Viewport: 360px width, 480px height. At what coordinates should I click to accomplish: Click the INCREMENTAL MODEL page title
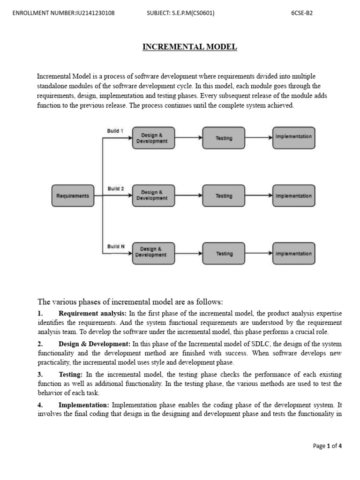(x=190, y=47)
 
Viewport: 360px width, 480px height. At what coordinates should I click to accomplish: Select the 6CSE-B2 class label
(x=302, y=13)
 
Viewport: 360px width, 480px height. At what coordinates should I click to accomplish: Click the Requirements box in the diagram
(x=73, y=196)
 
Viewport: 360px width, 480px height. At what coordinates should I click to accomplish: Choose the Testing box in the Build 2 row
(x=224, y=196)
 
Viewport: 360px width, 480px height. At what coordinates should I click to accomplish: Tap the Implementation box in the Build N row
(x=293, y=254)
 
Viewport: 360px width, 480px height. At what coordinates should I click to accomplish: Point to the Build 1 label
(x=115, y=131)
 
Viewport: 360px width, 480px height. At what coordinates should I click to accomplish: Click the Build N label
(x=116, y=246)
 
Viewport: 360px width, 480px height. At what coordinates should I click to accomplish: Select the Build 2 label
(x=116, y=188)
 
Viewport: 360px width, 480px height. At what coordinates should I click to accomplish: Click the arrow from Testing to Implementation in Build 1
(x=258, y=138)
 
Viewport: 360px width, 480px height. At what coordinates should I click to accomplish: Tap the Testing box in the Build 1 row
(x=224, y=138)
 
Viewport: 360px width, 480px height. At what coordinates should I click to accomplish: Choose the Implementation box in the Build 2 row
(x=293, y=196)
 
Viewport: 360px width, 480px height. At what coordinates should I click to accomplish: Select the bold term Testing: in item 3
(x=71, y=375)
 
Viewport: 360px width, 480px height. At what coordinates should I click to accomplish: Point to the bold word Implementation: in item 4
(x=84, y=405)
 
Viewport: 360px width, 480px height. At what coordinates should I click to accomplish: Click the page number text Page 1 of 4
(x=327, y=446)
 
